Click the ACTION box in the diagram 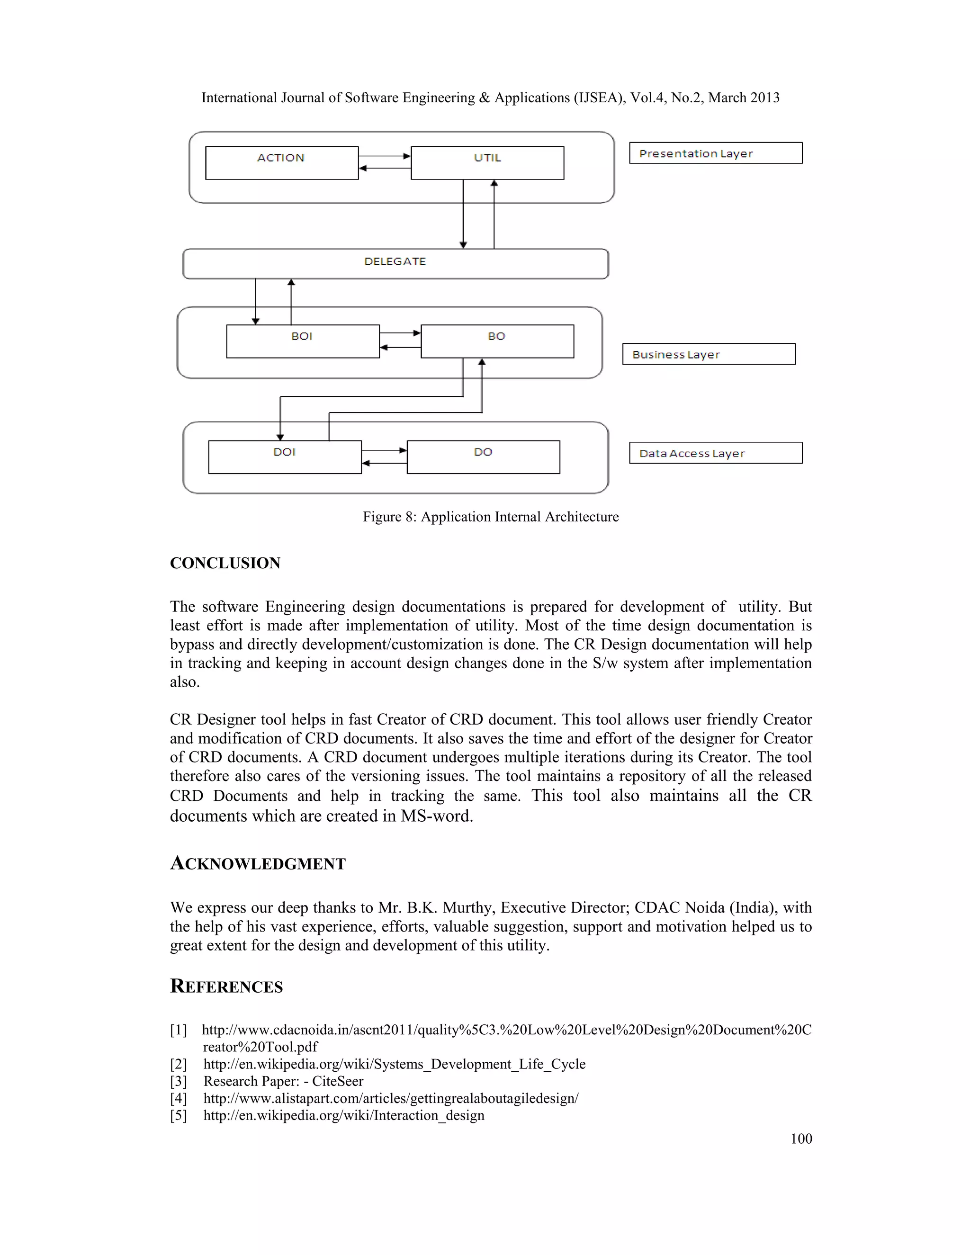coord(282,163)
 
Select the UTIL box coord(487,163)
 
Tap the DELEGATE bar coord(395,264)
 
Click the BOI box coord(302,342)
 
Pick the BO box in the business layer coord(497,342)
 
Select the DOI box coord(285,457)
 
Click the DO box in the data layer coord(483,457)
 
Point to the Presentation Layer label coord(716,153)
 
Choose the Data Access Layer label coord(716,453)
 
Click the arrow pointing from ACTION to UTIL coord(385,156)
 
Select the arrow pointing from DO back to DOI coord(384,463)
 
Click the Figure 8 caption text coord(490,517)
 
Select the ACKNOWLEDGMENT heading coord(258,864)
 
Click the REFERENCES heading coord(226,986)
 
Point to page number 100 coord(800,1139)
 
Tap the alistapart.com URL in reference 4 coord(391,1099)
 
